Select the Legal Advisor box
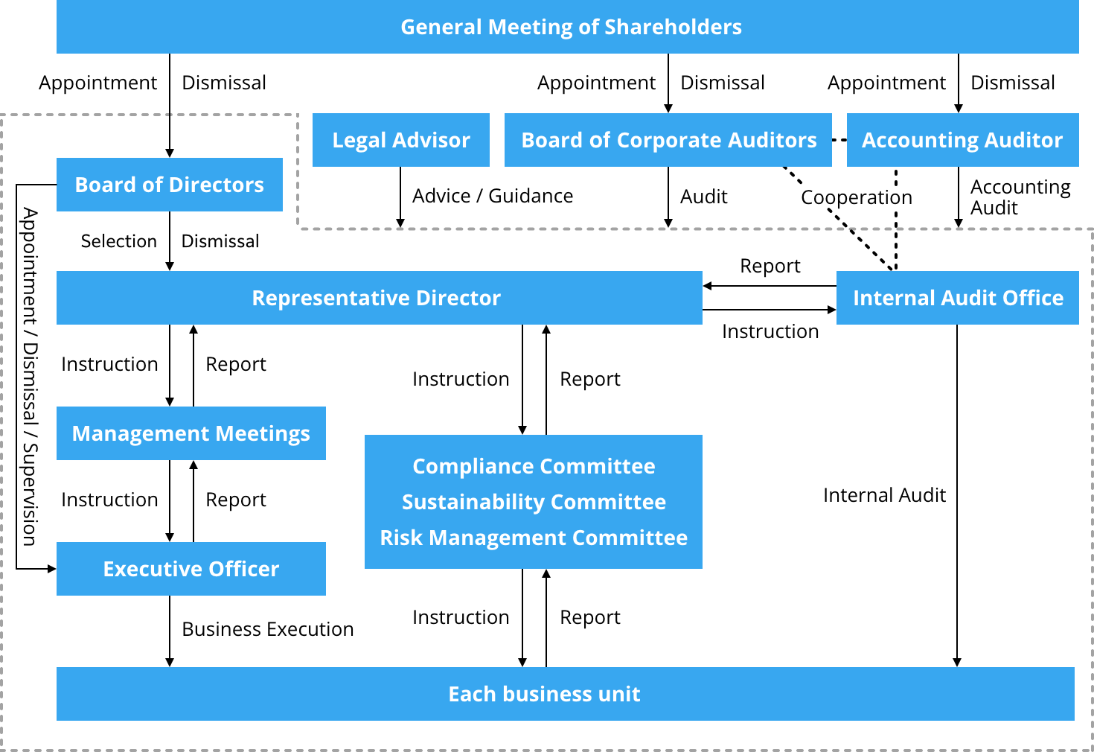pyautogui.click(x=400, y=140)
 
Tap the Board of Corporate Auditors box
pyautogui.click(x=668, y=140)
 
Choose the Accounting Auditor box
pyautogui.click(x=962, y=140)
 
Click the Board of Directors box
pyautogui.click(x=169, y=185)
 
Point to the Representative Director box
pyautogui.click(x=379, y=298)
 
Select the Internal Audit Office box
pyautogui.click(x=957, y=298)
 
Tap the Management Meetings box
pyautogui.click(x=191, y=433)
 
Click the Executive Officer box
pyautogui.click(x=191, y=569)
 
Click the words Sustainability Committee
pyautogui.click(x=534, y=502)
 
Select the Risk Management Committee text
pyautogui.click(x=534, y=538)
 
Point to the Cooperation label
pyautogui.click(x=856, y=197)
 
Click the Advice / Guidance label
pyautogui.click(x=493, y=196)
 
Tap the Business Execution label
pyautogui.click(x=267, y=629)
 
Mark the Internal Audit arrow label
pyautogui.click(x=884, y=495)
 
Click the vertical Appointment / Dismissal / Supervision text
pyautogui.click(x=30, y=377)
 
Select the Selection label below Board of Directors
pyautogui.click(x=119, y=241)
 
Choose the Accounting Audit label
pyautogui.click(x=1020, y=197)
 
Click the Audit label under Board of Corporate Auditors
pyautogui.click(x=703, y=197)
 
